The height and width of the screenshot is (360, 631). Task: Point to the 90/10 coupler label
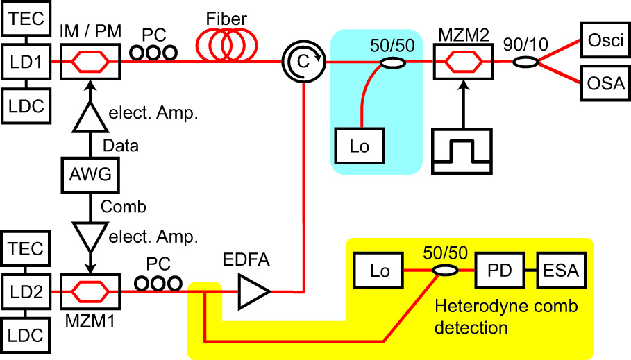[527, 44]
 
